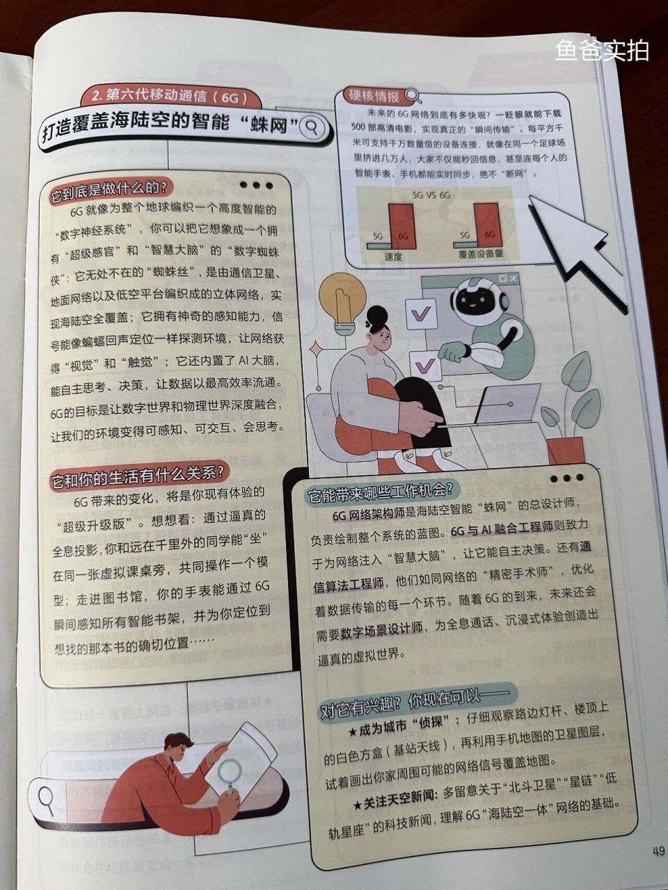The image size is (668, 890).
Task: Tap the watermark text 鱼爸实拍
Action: coord(602,49)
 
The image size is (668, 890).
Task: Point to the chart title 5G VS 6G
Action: coord(431,195)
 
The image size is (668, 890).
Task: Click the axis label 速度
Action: coord(393,256)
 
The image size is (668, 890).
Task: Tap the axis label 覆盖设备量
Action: coord(480,254)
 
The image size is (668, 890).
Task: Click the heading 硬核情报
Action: coord(374,96)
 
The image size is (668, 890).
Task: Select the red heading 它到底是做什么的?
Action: coord(107,188)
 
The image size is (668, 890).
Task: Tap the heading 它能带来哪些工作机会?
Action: coord(380,492)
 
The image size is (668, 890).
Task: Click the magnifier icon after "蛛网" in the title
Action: coord(313,127)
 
